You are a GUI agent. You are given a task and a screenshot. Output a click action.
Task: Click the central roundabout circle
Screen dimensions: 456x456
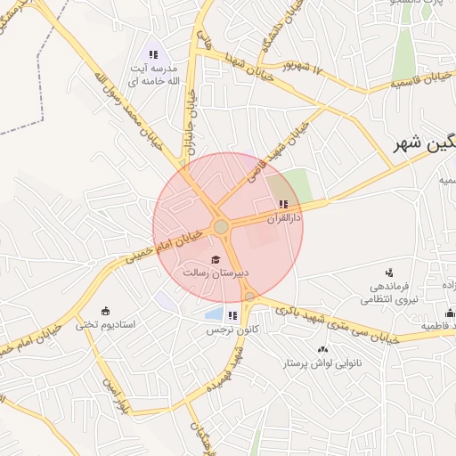tap(221, 228)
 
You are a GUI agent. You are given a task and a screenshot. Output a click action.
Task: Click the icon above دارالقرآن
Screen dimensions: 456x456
tap(283, 205)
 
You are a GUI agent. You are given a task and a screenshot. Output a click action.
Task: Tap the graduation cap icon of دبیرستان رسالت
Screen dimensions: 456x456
tap(215, 259)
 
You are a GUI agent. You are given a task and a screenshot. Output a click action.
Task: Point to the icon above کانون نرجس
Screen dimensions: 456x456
tap(232, 315)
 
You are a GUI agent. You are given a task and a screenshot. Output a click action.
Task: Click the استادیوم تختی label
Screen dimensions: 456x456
tap(106, 324)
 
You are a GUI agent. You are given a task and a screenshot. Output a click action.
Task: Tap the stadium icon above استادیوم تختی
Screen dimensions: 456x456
tap(106, 310)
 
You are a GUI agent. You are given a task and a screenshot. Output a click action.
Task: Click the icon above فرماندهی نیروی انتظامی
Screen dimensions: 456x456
tap(388, 273)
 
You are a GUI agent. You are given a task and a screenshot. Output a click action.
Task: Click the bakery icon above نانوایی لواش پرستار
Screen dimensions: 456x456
tap(322, 349)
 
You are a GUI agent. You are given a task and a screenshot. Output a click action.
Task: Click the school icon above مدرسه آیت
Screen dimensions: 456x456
tap(153, 55)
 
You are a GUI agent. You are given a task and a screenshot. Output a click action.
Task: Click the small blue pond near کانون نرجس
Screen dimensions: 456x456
tap(214, 313)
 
